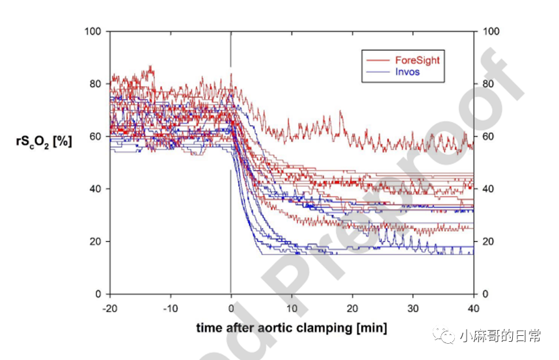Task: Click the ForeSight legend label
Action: point(417,60)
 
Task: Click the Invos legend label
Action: point(407,72)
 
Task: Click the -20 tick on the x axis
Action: point(109,307)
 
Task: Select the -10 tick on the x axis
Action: point(170,307)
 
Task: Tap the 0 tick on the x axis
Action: point(231,307)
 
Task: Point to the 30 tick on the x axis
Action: point(413,307)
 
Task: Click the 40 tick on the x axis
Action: point(473,307)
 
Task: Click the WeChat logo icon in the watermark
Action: point(447,336)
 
